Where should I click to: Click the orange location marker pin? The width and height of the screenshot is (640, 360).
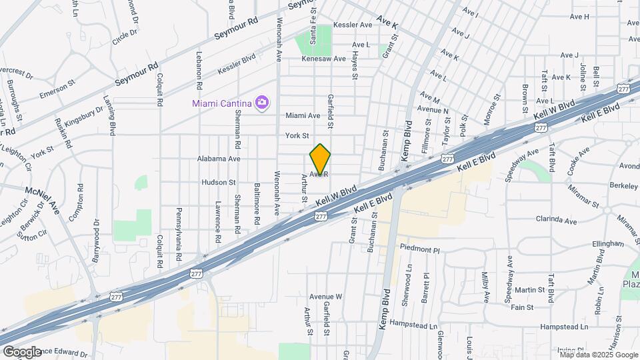(320, 159)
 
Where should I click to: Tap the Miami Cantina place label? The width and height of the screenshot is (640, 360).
(221, 103)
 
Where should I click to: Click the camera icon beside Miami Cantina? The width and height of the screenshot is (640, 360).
(263, 102)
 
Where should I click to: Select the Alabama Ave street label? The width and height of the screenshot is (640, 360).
(219, 159)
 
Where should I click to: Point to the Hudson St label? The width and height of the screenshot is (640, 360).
(219, 182)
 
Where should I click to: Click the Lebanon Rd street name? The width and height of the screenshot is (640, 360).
(199, 71)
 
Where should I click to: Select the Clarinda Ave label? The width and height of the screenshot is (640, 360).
(537, 219)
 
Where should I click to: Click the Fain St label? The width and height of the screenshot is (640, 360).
(521, 307)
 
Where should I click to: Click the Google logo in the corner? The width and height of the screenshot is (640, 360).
(22, 351)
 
